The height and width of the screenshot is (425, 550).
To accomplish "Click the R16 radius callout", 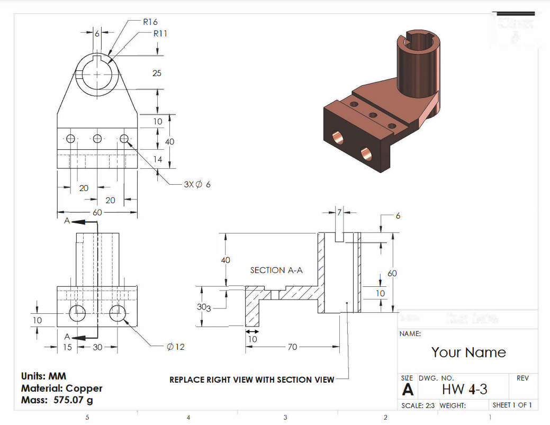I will [150, 22].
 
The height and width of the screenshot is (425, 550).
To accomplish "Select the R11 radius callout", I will [160, 33].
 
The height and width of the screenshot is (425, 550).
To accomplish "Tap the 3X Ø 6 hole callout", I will [197, 185].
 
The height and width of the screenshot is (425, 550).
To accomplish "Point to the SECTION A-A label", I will [276, 270].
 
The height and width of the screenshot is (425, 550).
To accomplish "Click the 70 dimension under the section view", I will [292, 347].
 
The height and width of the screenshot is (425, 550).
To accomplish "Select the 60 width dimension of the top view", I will [97, 212].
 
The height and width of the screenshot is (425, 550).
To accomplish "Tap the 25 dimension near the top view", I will [157, 73].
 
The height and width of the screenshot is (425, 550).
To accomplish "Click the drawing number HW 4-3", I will [464, 389].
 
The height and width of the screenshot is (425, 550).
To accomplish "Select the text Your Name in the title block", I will [468, 352].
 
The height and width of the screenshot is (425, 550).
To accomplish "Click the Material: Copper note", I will [61, 388].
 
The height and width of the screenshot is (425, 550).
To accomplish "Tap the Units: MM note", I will [43, 376].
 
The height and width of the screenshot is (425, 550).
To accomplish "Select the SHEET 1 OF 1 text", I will [512, 405].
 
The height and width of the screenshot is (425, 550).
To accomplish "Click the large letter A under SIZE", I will [408, 390].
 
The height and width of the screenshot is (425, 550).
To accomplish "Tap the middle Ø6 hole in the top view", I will [97, 139].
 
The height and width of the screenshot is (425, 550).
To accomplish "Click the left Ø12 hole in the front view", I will [78, 313].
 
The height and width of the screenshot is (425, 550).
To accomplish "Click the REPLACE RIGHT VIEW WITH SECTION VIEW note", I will [251, 379].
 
